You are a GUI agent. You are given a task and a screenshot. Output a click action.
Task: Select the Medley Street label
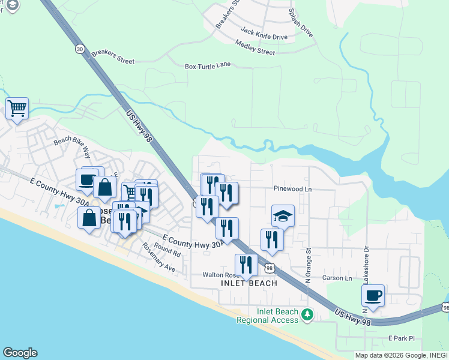(255, 47)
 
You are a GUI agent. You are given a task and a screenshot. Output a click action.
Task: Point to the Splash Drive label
(301, 23)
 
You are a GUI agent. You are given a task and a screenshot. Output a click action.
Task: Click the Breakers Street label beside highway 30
(113, 58)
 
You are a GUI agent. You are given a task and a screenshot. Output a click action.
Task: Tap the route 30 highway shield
(80, 49)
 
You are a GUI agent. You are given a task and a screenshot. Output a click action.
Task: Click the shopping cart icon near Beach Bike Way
(17, 109)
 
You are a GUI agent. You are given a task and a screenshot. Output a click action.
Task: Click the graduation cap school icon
(283, 215)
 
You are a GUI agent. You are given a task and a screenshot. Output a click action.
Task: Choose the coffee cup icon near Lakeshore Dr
(373, 295)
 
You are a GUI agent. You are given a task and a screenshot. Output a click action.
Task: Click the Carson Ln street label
(337, 278)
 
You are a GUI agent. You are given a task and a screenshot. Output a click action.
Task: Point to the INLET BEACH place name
(249, 283)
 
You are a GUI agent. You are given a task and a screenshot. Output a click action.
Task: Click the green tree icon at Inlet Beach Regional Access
(307, 314)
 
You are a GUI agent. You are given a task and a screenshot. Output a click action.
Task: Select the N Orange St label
(309, 266)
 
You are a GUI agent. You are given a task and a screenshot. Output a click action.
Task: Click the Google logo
(20, 353)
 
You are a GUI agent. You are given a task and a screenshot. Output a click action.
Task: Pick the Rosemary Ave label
(158, 257)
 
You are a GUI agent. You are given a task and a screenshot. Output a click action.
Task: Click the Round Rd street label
(167, 250)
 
